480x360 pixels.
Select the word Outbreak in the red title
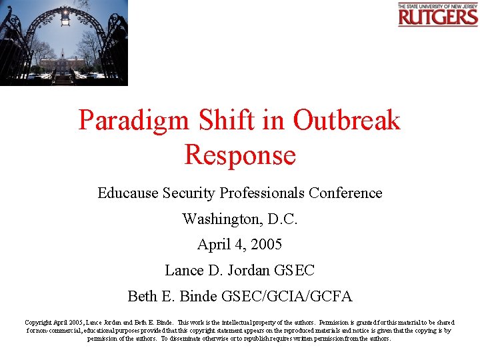[347, 121]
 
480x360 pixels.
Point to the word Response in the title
[240, 155]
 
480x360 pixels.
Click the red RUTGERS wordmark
[438, 17]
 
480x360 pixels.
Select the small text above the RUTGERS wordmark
[438, 5]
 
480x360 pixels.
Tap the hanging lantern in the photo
[65, 16]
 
